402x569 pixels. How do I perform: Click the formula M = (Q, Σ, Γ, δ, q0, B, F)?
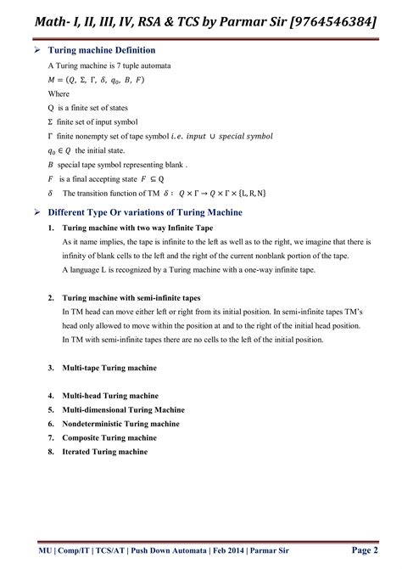pyautogui.click(x=96, y=80)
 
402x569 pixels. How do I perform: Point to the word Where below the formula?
pyautogui.click(x=59, y=93)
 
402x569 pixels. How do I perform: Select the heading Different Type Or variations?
pyautogui.click(x=145, y=211)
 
